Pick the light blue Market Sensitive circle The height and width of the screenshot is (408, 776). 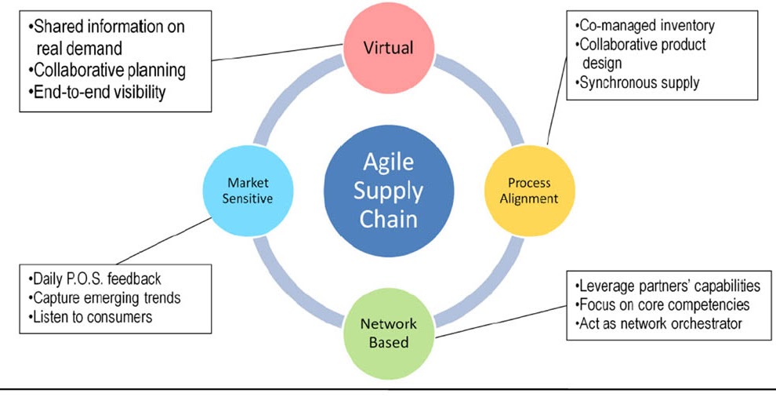pos(246,191)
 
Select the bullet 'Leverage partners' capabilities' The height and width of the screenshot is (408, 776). pos(667,286)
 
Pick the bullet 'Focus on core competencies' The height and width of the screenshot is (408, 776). pos(662,304)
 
